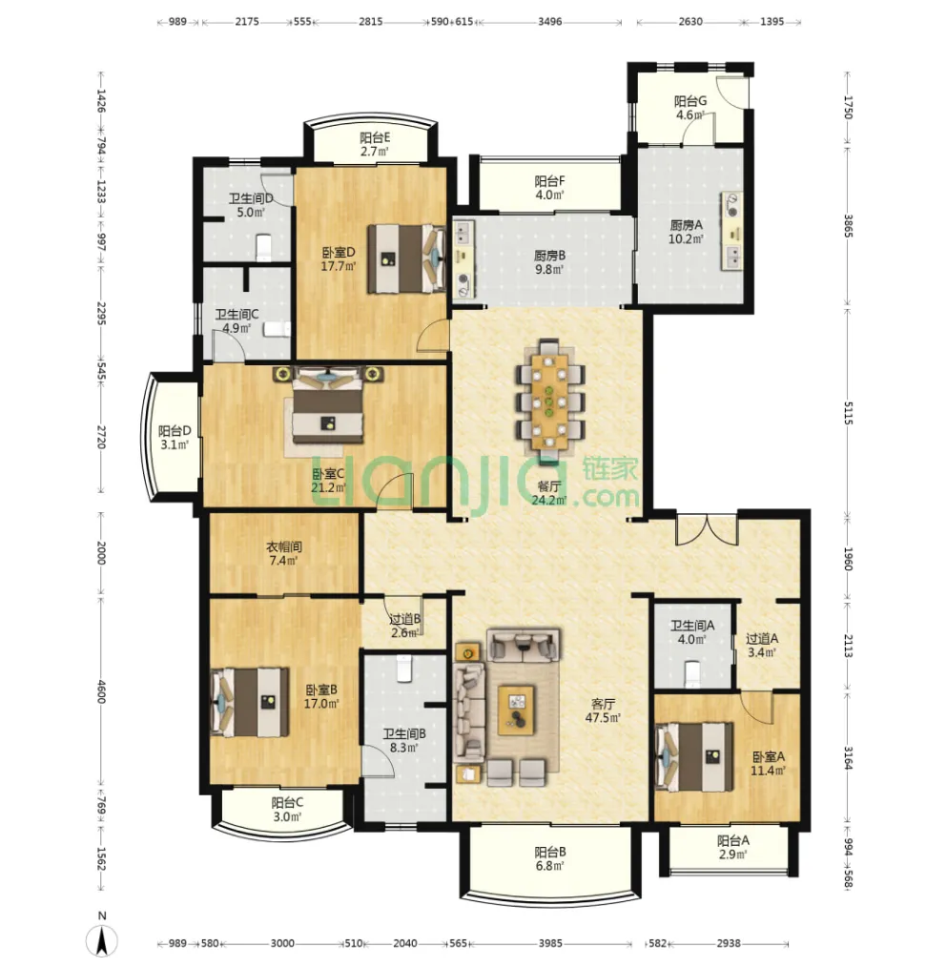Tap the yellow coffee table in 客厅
pos(516,710)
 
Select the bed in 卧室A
pos(694,757)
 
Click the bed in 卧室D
pos(406,258)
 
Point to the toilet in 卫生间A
pos(692,673)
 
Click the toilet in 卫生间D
pos(264,247)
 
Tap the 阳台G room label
pos(690,101)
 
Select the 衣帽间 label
pos(283,546)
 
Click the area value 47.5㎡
pos(603,717)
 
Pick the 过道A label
pos(762,638)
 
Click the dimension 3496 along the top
pos(550,22)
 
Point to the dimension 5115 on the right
pos(848,412)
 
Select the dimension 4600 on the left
pos(102,691)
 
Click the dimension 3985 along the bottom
pos(550,942)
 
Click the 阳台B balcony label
pos(550,852)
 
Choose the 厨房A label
pos(686,225)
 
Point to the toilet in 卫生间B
pos(404,669)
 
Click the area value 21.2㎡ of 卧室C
pos(328,487)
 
